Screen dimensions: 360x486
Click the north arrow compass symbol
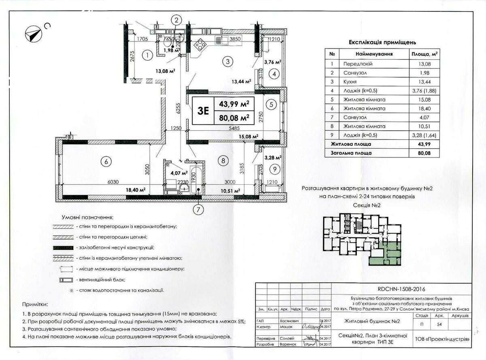[x=33, y=33]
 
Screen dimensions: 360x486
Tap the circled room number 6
[x=106, y=162]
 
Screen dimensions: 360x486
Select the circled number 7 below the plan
[x=198, y=209]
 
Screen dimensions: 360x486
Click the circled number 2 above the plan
[x=176, y=20]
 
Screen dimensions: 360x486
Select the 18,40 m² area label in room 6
[x=135, y=190]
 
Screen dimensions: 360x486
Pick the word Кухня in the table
[x=350, y=81]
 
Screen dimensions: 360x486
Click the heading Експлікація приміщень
[x=382, y=42]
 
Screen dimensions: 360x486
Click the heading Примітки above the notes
[x=35, y=304]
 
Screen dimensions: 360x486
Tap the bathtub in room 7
[x=198, y=178]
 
